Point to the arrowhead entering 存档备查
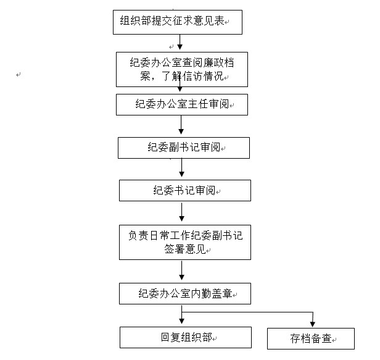tap(313, 325)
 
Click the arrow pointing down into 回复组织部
tap(182, 315)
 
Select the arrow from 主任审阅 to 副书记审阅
tap(181, 125)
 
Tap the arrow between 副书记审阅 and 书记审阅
tap(182, 167)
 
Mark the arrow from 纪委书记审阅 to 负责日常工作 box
tap(182, 212)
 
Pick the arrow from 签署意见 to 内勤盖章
tap(182, 270)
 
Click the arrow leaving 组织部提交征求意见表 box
tap(180, 42)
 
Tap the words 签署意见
tap(185, 249)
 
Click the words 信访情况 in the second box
tap(203, 76)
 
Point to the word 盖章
tap(222, 293)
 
